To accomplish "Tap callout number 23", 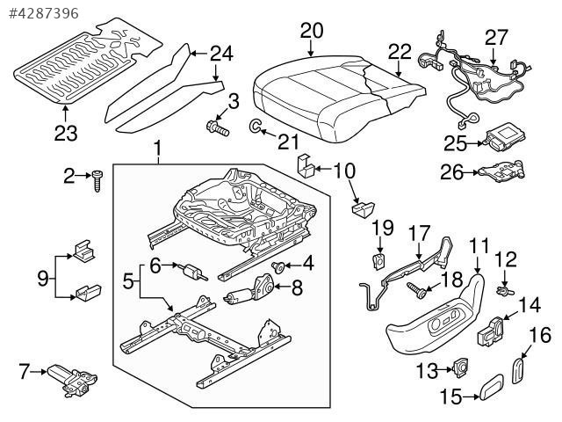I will [66, 134].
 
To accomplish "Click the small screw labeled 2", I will [97, 182].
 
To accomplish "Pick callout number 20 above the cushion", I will [311, 31].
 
